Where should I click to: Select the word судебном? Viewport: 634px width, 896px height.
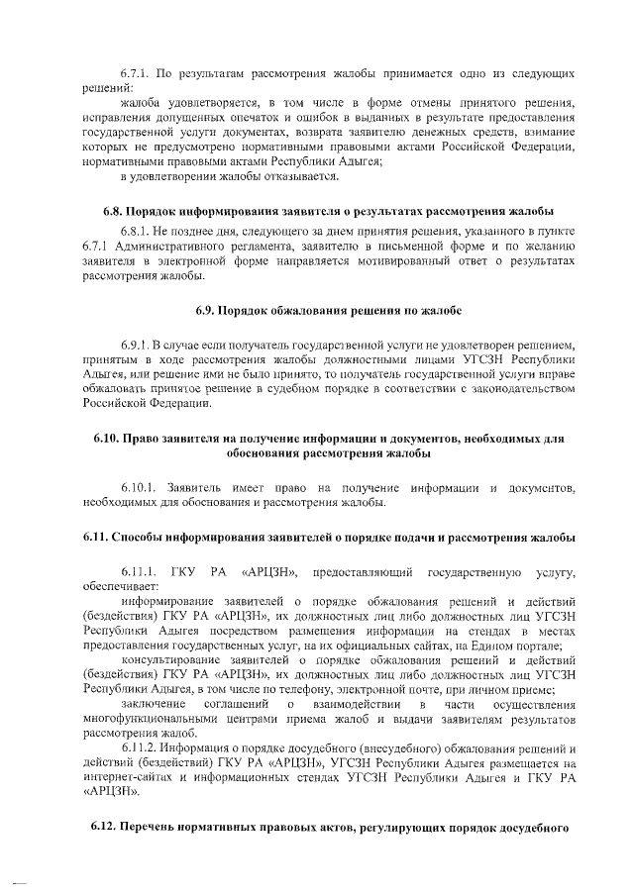click(339, 389)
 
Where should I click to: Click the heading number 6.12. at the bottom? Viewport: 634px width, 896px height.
click(100, 827)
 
